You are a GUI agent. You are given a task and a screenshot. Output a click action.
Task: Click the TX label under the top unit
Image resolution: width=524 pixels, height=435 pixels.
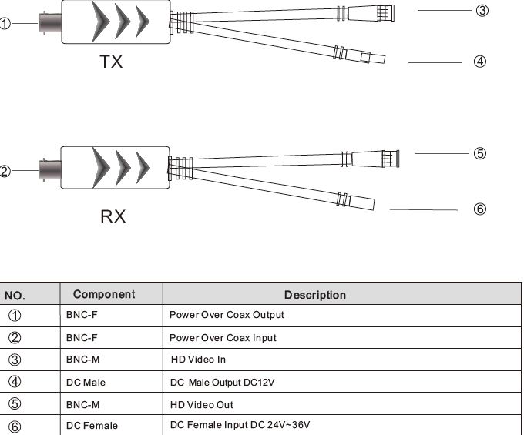click(111, 62)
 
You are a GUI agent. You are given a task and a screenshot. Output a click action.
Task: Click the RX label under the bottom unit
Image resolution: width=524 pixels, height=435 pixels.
click(113, 216)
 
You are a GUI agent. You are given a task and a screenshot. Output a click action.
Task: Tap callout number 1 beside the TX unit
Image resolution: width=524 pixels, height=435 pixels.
click(5, 24)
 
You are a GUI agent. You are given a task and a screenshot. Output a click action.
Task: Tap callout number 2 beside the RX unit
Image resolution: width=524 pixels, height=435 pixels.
click(5, 172)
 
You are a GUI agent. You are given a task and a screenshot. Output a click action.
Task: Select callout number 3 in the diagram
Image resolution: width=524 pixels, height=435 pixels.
click(482, 10)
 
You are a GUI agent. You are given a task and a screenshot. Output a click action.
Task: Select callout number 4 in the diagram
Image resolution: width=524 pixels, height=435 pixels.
click(480, 62)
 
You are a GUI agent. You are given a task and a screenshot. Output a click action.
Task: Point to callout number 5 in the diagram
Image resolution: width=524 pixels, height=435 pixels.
click(480, 153)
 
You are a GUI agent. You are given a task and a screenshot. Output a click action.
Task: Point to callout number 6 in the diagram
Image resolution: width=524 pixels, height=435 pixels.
click(480, 209)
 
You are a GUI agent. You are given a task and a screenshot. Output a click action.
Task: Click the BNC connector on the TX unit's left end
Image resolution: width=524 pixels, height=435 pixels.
click(49, 24)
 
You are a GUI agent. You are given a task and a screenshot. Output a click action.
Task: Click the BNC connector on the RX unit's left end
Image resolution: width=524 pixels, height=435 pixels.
click(49, 170)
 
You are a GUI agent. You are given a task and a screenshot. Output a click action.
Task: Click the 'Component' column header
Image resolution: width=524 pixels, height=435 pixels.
click(104, 294)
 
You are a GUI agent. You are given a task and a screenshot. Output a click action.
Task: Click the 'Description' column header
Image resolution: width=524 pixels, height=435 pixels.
click(315, 295)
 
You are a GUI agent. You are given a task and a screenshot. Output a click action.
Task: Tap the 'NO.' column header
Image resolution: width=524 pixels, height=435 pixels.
click(15, 295)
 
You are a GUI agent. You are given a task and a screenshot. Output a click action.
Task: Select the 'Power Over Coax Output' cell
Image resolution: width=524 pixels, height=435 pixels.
click(227, 315)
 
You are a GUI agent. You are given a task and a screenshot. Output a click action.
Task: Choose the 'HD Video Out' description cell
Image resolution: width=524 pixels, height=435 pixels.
click(201, 404)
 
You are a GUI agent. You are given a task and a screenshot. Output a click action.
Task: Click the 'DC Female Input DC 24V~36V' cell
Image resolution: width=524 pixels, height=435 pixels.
click(240, 425)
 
